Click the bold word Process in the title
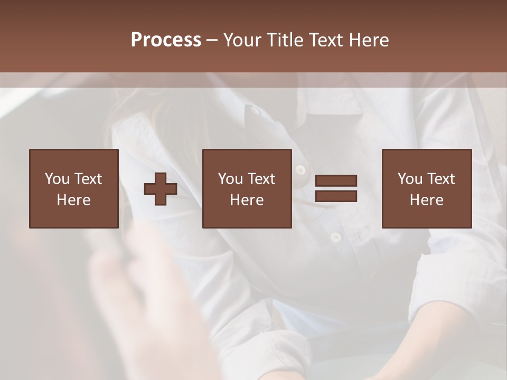tap(166, 40)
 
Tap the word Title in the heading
tap(286, 40)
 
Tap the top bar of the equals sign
tap(336, 181)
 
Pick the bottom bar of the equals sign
tap(336, 196)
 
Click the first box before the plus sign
tap(74, 188)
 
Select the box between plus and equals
tap(247, 188)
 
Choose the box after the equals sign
tap(426, 188)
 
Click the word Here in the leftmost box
tap(74, 200)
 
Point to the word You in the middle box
tap(230, 179)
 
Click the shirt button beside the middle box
tap(301, 170)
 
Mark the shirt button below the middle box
tap(336, 237)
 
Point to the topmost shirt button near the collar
tap(256, 110)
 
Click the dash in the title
tap(212, 40)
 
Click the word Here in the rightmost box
tap(426, 200)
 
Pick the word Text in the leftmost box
tap(89, 179)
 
